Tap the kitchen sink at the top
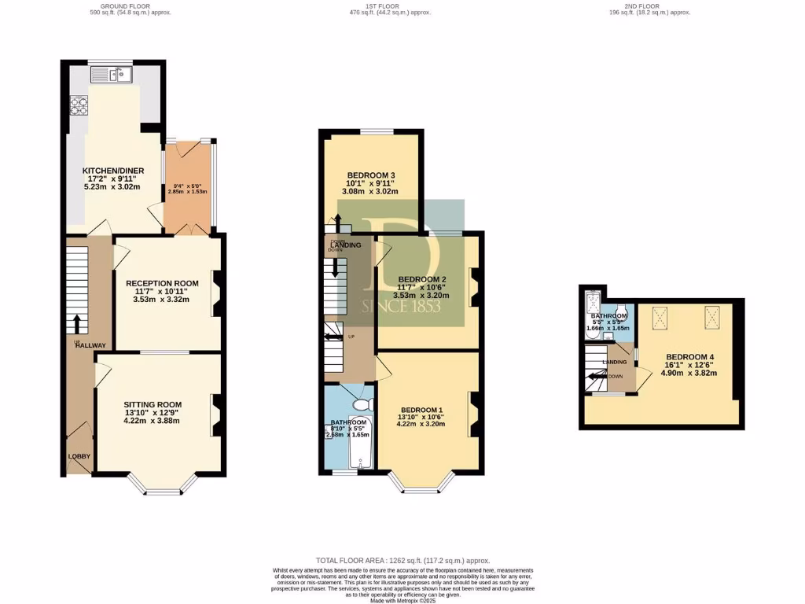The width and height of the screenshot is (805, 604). (111, 75)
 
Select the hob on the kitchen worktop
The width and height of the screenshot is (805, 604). (79, 105)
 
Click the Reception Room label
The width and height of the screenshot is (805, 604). (162, 283)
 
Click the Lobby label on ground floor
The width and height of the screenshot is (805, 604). (79, 456)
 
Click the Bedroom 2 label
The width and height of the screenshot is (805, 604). (422, 279)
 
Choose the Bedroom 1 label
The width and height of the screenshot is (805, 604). (422, 410)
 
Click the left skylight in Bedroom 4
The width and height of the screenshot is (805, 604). (660, 316)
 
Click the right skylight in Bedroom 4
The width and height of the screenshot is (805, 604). (712, 316)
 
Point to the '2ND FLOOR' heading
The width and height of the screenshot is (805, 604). (641, 6)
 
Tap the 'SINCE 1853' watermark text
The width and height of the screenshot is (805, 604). (402, 306)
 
